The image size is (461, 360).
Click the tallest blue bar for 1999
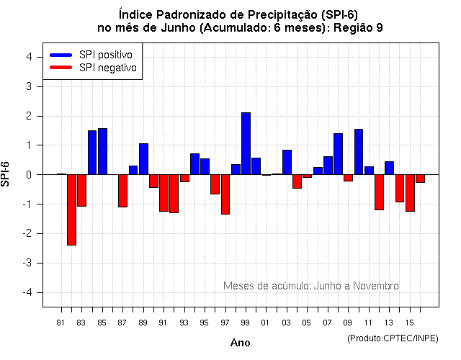coord(246,143)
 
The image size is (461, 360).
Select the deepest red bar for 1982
coord(71,210)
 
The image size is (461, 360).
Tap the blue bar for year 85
coord(102,151)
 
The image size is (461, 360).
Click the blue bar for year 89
coord(143,159)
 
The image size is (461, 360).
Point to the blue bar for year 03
coord(287,162)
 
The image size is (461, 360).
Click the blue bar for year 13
coord(389,168)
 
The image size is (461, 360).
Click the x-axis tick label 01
coord(266,322)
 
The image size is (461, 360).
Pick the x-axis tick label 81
coord(61,322)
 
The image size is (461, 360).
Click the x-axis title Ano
coord(240,343)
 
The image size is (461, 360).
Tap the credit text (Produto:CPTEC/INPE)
coord(392,338)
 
